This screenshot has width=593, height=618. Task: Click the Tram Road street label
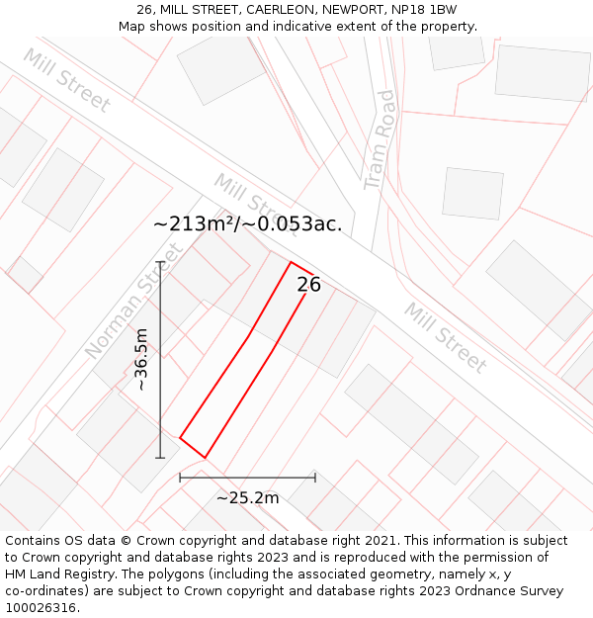[x=379, y=140]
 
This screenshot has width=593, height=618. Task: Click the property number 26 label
[x=308, y=285]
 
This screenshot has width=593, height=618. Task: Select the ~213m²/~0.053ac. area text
[x=248, y=224]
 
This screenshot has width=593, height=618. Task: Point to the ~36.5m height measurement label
[x=141, y=360]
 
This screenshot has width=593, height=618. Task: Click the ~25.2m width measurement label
[x=247, y=497]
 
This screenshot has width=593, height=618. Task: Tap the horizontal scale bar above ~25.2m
[x=247, y=478]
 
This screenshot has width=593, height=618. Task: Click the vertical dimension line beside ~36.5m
[x=160, y=360]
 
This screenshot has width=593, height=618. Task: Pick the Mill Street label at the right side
[x=446, y=338]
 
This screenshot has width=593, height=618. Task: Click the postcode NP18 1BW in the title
[x=422, y=10]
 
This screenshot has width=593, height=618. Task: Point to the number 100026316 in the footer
[x=42, y=608]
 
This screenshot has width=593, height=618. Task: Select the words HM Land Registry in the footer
[x=55, y=574]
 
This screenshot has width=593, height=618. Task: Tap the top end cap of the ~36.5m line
[x=160, y=262]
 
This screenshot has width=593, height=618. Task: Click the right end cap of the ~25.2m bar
[x=315, y=478]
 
